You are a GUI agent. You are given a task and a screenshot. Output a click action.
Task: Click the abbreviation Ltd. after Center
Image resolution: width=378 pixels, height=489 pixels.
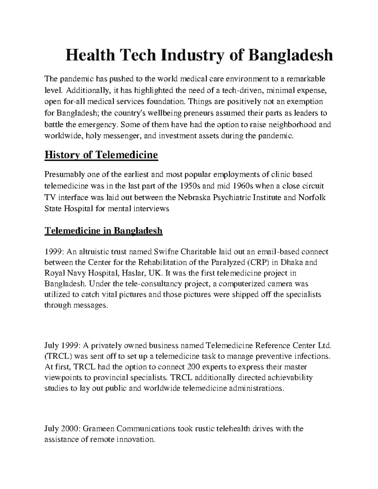click(324, 345)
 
